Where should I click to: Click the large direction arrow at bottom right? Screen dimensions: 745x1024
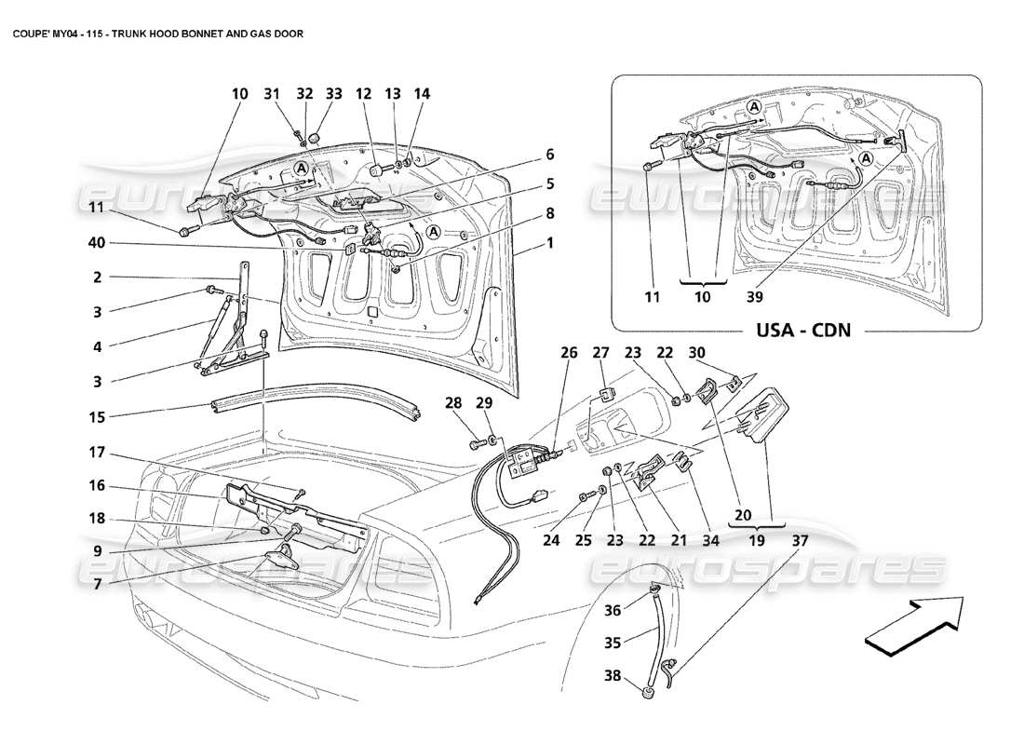[x=912, y=625]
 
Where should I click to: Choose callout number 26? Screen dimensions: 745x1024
[x=568, y=353]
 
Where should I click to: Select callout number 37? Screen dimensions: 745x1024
[x=801, y=538]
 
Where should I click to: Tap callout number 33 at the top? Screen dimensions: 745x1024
[x=333, y=94]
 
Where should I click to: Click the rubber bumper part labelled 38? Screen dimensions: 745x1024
[x=645, y=693]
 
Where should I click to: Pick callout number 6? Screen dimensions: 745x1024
[x=550, y=154]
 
